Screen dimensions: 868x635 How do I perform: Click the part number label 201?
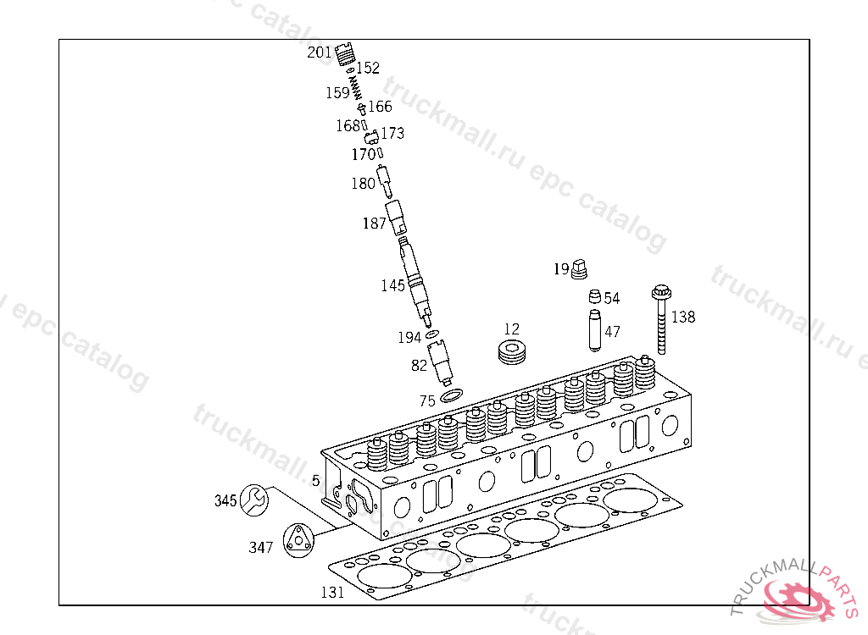pyautogui.click(x=320, y=52)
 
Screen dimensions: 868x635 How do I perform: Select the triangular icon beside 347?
pyautogui.click(x=298, y=540)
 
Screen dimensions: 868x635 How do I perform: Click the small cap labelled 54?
pyautogui.click(x=595, y=297)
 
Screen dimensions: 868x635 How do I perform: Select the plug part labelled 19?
pyautogui.click(x=581, y=269)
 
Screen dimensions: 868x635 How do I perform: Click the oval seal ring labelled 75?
pyautogui.click(x=452, y=395)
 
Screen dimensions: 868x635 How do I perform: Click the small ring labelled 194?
pyautogui.click(x=432, y=335)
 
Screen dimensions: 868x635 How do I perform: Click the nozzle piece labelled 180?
pyautogui.click(x=384, y=180)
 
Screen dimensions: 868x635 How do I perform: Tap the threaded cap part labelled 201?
pyautogui.click(x=343, y=54)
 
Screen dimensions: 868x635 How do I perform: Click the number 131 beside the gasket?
pyautogui.click(x=332, y=592)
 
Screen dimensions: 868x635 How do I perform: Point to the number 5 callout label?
pyautogui.click(x=315, y=481)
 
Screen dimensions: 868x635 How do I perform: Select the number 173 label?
pyautogui.click(x=392, y=133)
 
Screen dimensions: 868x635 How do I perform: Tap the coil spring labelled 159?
pyautogui.click(x=357, y=87)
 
